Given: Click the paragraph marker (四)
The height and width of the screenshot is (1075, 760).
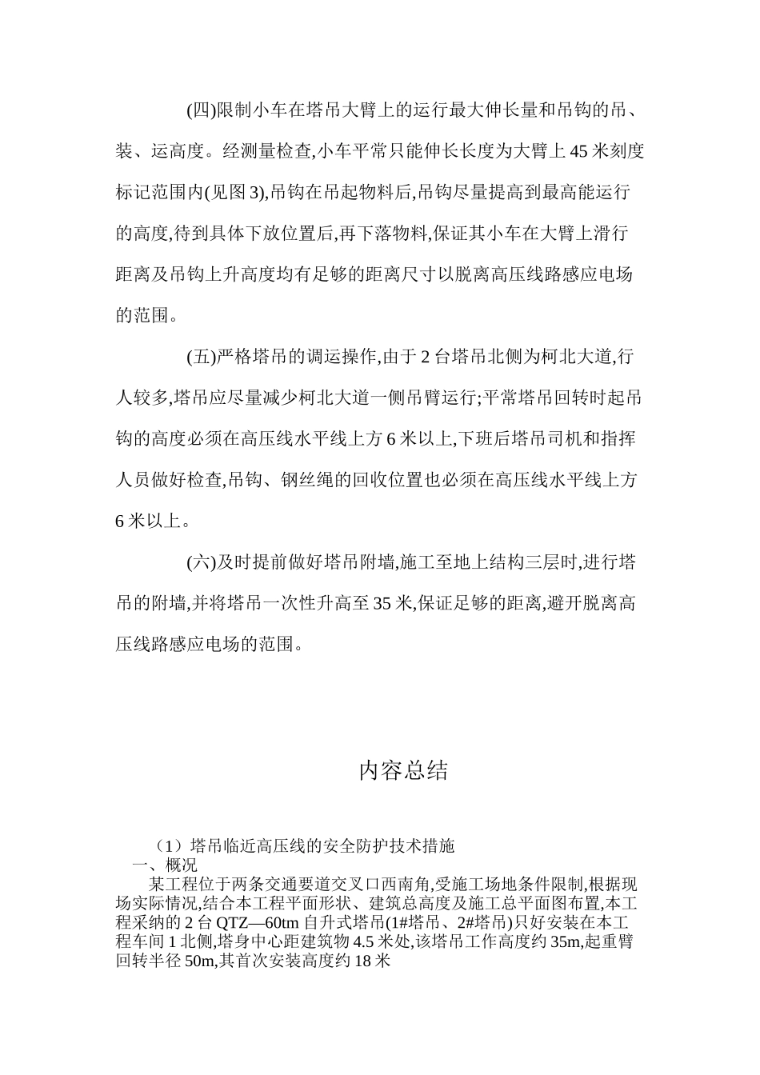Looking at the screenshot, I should [201, 110].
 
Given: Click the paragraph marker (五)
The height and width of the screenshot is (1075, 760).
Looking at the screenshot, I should [201, 357].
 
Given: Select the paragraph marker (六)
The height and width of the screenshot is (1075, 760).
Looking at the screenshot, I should [201, 562].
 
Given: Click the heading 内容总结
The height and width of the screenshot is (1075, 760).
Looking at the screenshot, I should [403, 771].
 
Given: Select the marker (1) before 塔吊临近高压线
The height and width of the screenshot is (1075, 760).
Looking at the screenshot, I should [170, 845].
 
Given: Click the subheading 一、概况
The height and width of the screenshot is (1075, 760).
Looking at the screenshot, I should [164, 865].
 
